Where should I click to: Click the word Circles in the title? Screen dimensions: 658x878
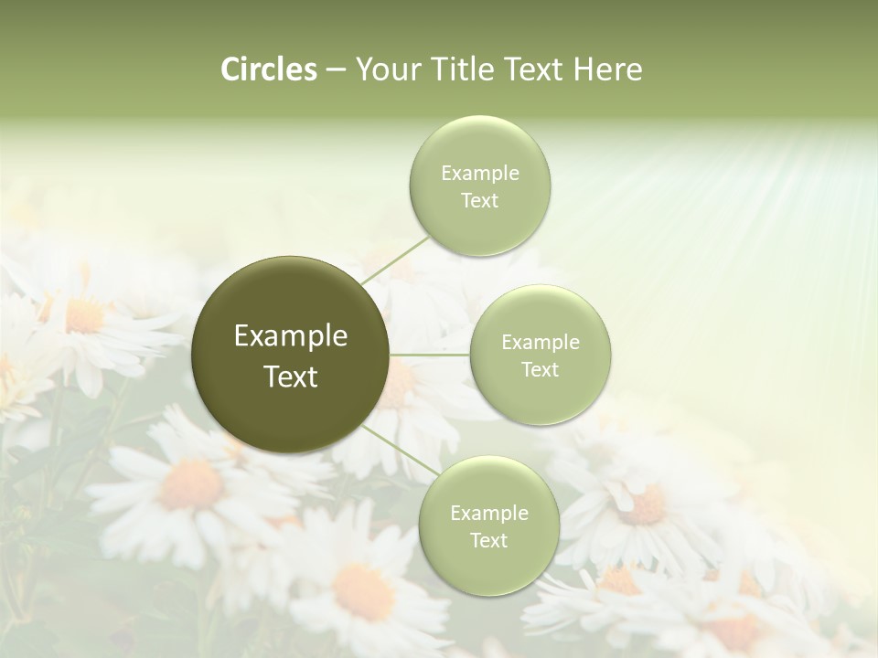click(x=268, y=69)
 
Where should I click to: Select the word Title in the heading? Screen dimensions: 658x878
click(x=459, y=69)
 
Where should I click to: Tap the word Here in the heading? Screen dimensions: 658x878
click(x=607, y=69)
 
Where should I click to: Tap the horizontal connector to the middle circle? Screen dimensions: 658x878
click(x=430, y=354)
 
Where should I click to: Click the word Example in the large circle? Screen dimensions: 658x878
click(x=290, y=336)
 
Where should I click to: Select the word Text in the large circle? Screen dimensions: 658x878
click(x=290, y=377)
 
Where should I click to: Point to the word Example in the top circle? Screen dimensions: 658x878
click(x=479, y=174)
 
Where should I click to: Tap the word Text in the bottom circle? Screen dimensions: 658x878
click(x=488, y=540)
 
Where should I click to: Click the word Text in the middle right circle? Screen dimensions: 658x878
click(x=540, y=369)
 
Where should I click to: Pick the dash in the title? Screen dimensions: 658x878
click(x=335, y=69)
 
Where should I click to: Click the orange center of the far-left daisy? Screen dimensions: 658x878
click(x=84, y=316)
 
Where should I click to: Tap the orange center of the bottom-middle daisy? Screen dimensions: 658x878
click(x=362, y=590)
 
